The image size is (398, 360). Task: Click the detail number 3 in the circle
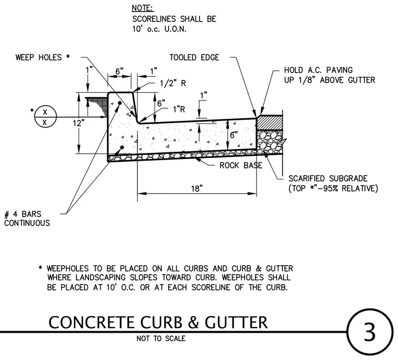(369, 332)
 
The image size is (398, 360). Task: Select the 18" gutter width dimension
(197, 188)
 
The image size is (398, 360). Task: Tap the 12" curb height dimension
(79, 123)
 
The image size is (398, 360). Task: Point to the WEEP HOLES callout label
(42, 58)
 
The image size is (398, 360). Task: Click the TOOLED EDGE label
(194, 58)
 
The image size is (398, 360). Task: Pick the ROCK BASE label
(240, 165)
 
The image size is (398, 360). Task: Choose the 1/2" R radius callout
(173, 83)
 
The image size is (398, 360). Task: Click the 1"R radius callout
(179, 109)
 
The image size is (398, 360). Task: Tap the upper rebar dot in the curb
(120, 103)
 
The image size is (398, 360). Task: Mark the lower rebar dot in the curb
(122, 148)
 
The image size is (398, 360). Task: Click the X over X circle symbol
(45, 117)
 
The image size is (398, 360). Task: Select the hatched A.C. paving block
(269, 123)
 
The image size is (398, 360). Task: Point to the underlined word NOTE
(142, 8)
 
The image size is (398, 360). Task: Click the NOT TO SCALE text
(161, 339)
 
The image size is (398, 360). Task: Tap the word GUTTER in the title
(236, 322)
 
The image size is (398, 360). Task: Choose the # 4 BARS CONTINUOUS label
(27, 218)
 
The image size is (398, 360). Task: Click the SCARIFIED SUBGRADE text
(328, 178)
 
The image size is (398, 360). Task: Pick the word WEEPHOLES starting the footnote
(68, 268)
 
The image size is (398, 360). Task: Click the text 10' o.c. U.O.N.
(159, 29)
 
